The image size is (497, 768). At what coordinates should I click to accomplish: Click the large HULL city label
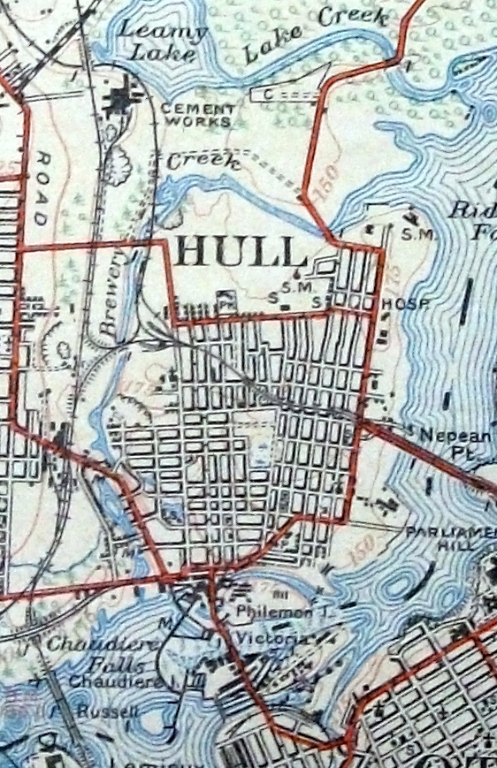pyautogui.click(x=241, y=253)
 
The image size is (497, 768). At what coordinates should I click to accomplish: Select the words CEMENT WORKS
pyautogui.click(x=198, y=114)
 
